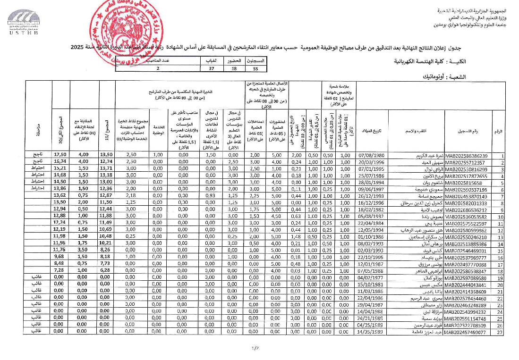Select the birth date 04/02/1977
(x=372, y=278)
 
